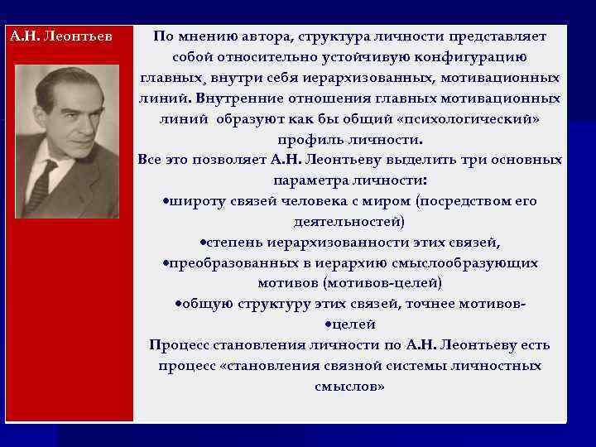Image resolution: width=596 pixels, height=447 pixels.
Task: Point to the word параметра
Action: click(x=306, y=180)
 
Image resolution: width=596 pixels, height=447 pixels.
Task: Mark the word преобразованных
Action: click(x=228, y=263)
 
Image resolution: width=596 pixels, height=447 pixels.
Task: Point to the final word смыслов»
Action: click(x=349, y=387)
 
